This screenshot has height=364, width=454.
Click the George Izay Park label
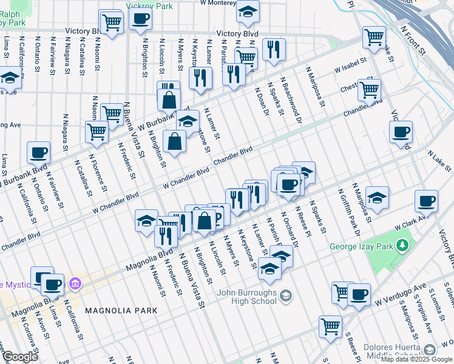pos(362,246)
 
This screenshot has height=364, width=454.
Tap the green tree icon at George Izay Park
pos(401,246)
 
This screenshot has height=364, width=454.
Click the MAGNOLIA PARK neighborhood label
pos(121,310)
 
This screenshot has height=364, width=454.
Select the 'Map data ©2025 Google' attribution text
pos(416,359)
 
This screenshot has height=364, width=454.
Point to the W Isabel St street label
pos(350,67)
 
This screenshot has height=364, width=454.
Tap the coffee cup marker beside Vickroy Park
pos(140,20)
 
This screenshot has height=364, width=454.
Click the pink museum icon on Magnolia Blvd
pos(75,283)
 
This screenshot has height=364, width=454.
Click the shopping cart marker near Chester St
pos(369,90)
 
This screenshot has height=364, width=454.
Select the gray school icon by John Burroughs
pos(286,297)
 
